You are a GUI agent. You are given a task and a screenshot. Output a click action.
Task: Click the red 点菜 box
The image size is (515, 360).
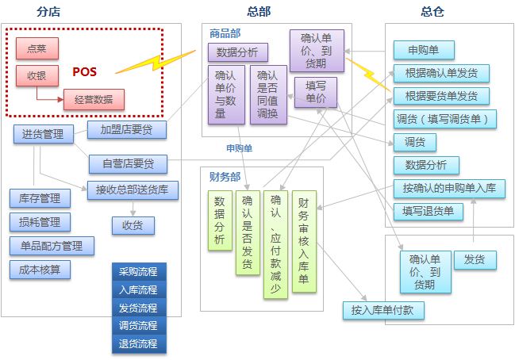(x=37, y=49)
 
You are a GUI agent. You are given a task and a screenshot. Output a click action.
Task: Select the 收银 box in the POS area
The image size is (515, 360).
(x=37, y=76)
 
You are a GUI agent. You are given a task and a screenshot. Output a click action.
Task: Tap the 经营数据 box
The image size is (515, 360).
(x=94, y=100)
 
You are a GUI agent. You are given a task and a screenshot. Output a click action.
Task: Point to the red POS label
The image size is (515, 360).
(x=85, y=72)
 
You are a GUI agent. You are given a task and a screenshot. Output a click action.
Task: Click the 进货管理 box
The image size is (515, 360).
(x=44, y=134)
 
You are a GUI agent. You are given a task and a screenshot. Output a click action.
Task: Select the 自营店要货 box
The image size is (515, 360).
(x=128, y=164)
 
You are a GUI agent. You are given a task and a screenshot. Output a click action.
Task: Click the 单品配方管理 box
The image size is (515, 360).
(x=52, y=246)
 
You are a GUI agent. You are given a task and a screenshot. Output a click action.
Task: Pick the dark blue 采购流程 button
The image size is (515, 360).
(x=138, y=272)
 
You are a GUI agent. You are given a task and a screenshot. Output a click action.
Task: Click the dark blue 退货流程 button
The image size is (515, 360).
(x=138, y=343)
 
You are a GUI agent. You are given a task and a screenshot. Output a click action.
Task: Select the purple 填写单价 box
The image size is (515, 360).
(x=315, y=92)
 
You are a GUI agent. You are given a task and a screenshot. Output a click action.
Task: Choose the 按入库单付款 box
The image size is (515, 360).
(x=384, y=310)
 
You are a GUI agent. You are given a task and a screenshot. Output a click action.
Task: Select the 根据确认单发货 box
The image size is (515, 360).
(x=441, y=74)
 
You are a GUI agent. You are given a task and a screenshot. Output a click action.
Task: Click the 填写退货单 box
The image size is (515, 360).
(x=428, y=212)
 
